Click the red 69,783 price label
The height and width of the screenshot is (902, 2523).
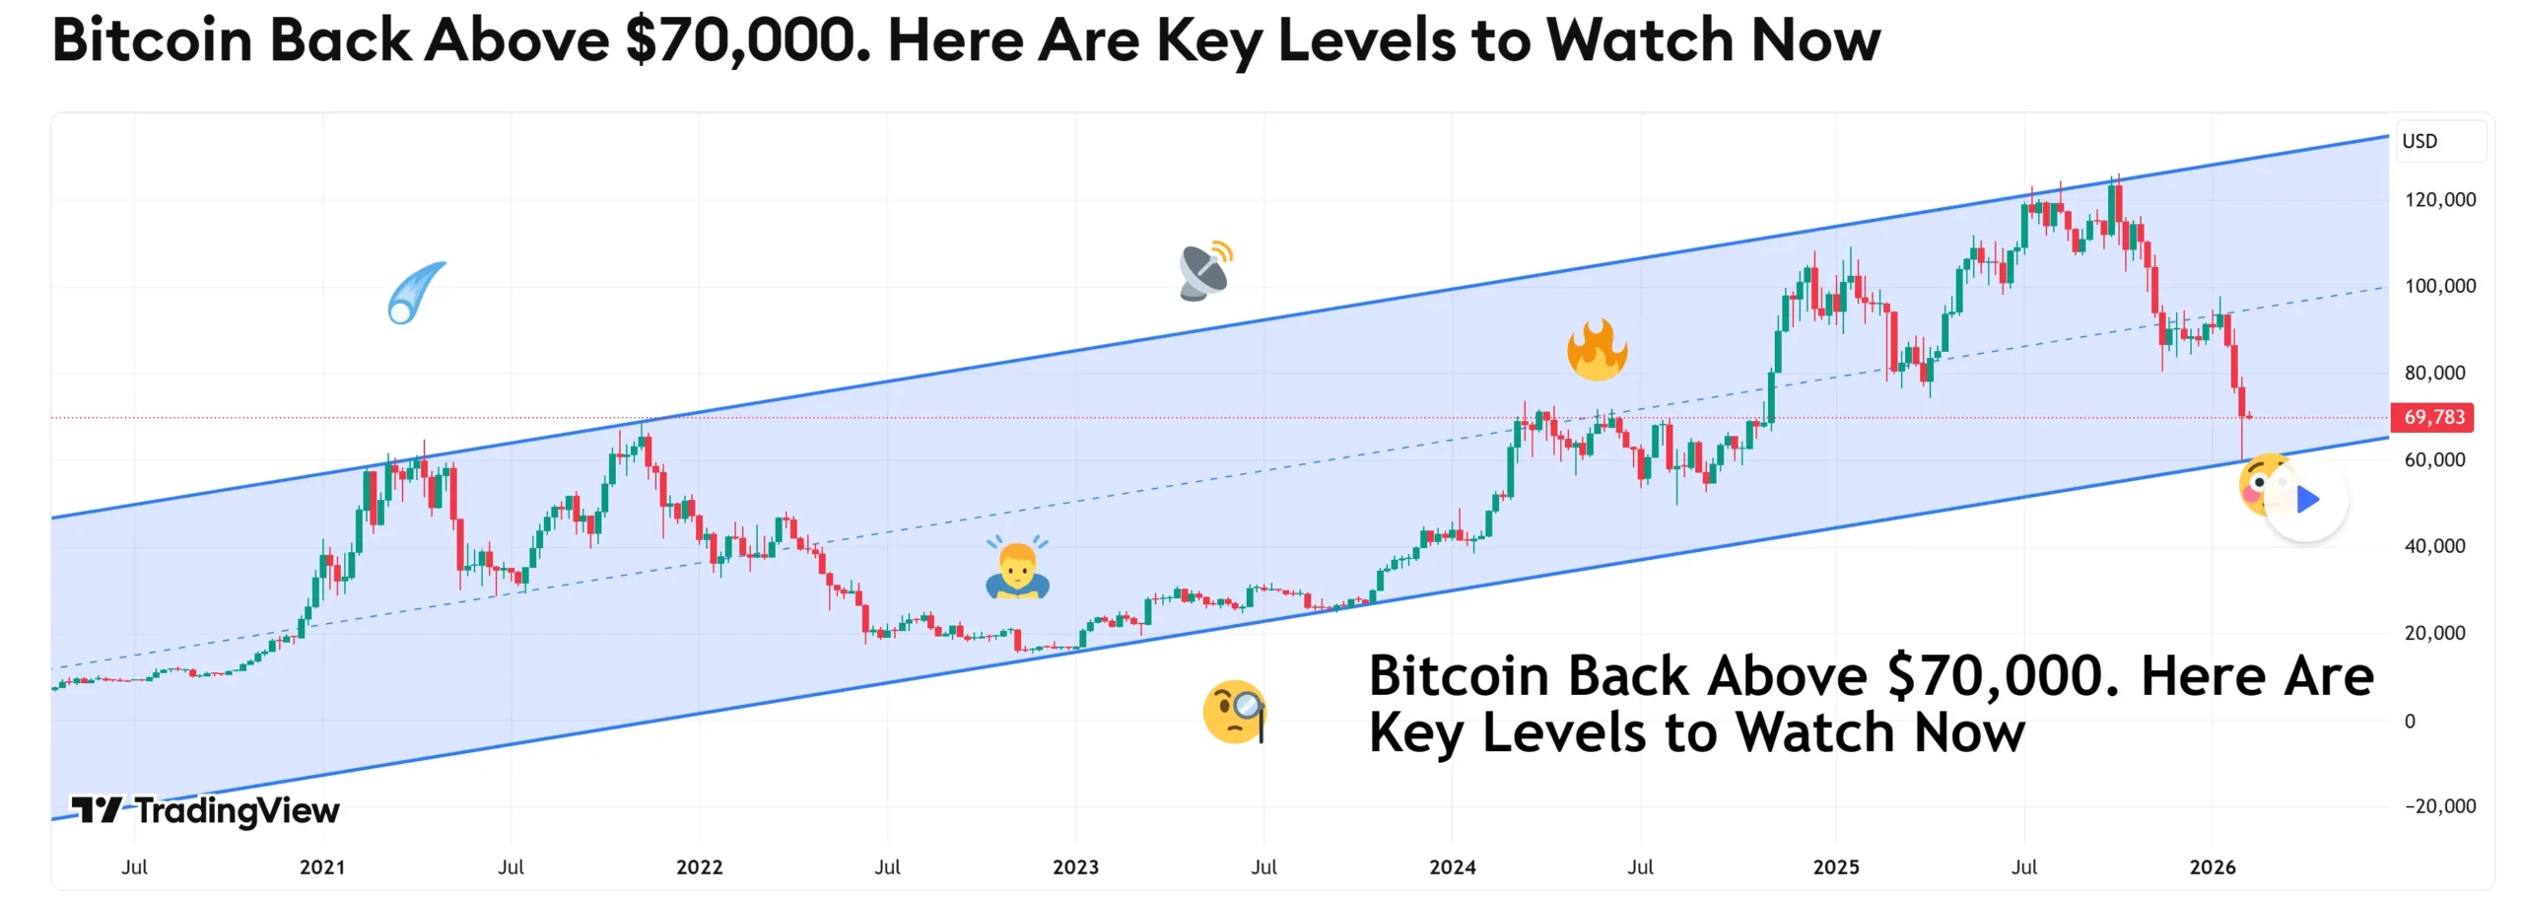[2432, 417]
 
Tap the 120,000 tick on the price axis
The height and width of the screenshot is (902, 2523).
[2439, 200]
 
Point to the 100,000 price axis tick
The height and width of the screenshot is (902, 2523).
[2439, 286]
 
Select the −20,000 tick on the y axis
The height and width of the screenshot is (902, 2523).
[2439, 806]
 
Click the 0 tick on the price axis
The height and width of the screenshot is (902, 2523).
[2410, 721]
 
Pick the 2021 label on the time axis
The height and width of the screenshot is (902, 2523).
[322, 867]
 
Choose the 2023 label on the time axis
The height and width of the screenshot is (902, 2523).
[1075, 867]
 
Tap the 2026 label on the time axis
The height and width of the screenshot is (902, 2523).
[2213, 867]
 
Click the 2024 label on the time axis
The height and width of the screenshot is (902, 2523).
[1453, 867]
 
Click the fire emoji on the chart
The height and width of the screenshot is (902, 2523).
[1597, 350]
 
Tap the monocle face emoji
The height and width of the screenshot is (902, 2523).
[1234, 711]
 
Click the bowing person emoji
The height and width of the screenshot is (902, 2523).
[1017, 569]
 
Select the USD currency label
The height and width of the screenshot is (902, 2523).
[2420, 141]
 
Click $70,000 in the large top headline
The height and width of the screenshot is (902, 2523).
[748, 41]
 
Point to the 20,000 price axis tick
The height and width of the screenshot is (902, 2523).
[2434, 633]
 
